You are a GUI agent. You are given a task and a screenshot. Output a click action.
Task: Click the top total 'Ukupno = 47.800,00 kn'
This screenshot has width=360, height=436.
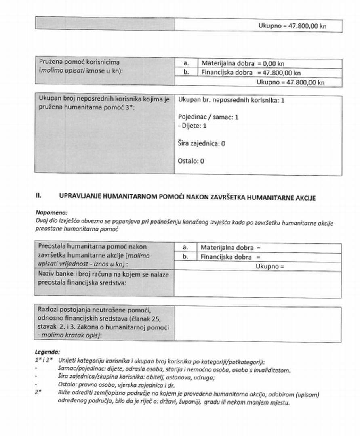292,25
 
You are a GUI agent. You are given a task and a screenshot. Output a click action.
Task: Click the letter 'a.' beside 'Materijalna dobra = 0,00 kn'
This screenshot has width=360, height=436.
186,63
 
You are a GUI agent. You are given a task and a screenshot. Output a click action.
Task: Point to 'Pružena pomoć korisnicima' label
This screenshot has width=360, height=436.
79,62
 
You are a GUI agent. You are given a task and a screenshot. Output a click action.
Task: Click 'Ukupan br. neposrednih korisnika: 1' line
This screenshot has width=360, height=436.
231,100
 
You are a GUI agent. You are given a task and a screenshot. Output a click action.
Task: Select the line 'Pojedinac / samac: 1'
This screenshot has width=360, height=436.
208,117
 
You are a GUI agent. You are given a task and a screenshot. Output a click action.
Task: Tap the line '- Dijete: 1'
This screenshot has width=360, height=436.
192,126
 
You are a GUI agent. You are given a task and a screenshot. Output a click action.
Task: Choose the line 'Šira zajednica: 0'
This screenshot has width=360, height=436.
201,143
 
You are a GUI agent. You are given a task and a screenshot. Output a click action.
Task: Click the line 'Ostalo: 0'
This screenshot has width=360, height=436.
191,161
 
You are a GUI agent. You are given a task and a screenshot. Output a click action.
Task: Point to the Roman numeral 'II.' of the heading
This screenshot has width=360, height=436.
39,196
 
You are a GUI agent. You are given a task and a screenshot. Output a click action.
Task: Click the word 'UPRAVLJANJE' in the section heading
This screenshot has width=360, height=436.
80,197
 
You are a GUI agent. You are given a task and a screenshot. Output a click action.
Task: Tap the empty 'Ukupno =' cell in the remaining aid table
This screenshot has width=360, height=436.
270,266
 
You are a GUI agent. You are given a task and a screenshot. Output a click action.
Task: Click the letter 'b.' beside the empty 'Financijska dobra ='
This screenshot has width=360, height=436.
186,257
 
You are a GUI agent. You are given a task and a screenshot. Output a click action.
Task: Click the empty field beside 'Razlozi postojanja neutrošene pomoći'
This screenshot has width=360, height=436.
257,323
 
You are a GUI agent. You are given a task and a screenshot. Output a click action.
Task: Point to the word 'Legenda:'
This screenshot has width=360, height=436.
47,352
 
